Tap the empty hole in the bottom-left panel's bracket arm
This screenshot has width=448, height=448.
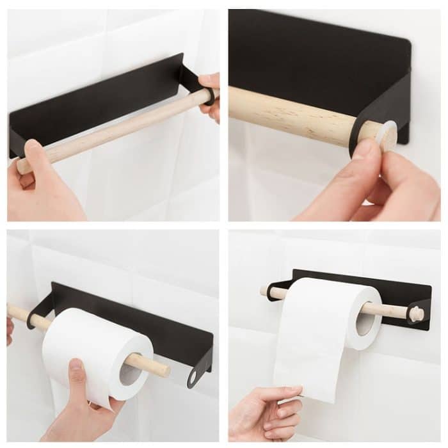pyautogui.click(x=193, y=377)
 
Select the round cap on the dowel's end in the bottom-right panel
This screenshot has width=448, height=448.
pyautogui.click(x=417, y=314)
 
